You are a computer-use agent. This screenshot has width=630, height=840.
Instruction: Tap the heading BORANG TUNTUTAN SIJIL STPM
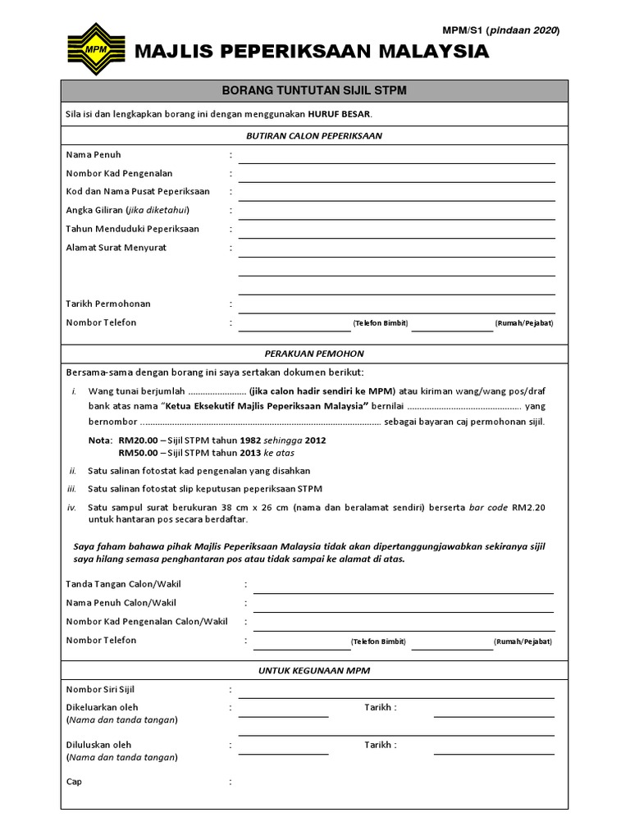(x=314, y=91)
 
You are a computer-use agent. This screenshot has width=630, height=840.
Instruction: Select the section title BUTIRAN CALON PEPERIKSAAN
(x=314, y=136)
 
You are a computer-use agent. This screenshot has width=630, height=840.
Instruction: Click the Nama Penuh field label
(x=94, y=154)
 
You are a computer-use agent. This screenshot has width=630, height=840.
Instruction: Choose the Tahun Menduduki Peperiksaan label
(x=132, y=229)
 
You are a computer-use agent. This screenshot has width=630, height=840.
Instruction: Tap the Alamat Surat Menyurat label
(x=116, y=248)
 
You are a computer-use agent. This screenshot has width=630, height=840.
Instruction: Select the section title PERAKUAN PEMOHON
(x=314, y=353)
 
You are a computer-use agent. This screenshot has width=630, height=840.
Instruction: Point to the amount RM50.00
(x=138, y=452)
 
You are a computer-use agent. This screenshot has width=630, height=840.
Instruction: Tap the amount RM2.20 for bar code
(x=528, y=507)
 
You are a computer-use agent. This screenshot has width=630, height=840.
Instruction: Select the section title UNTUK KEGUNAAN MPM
(x=314, y=670)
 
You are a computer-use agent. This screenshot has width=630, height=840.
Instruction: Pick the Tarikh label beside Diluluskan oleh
(x=380, y=745)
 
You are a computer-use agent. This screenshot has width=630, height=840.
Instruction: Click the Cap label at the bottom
(x=74, y=782)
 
